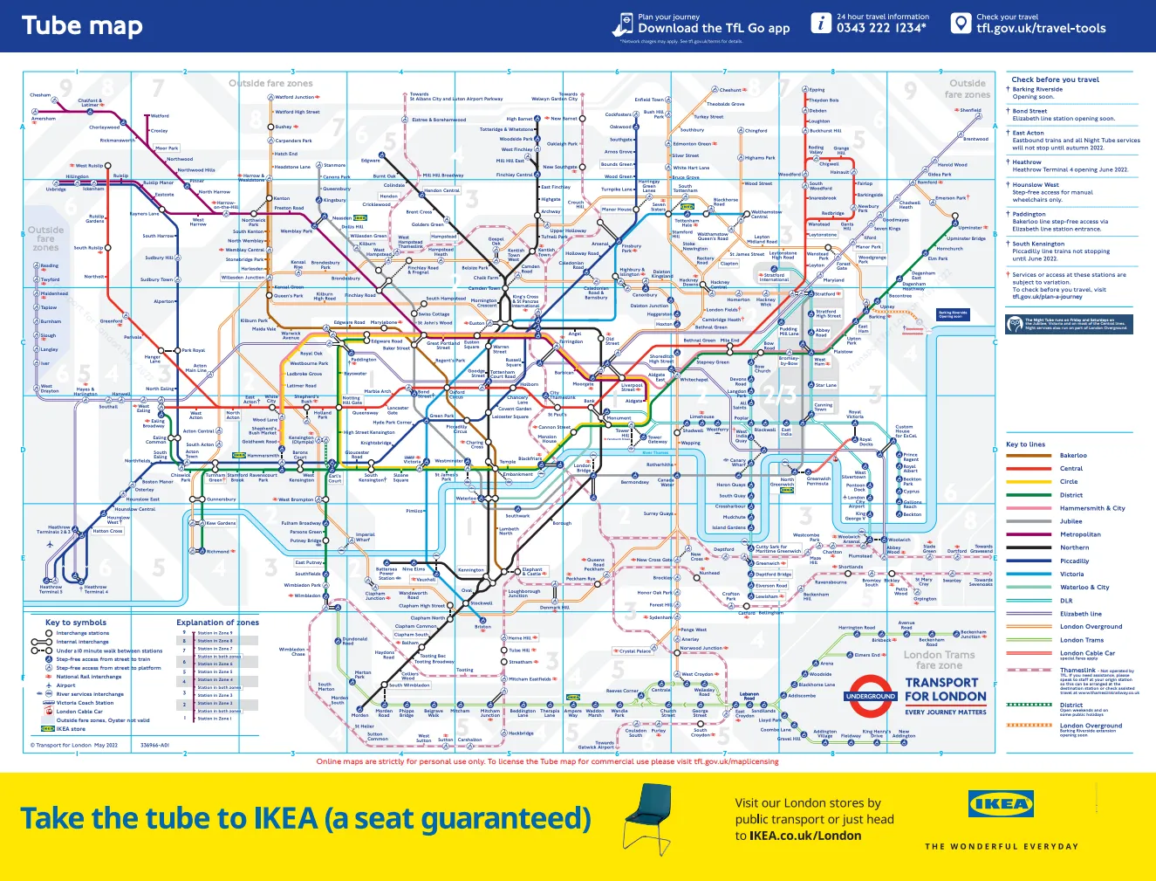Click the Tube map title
[x=82, y=26]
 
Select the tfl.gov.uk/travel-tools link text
[x=1041, y=29]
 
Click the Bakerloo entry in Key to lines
[x=1073, y=455]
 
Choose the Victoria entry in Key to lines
[x=1071, y=574]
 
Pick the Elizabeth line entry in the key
[x=1080, y=614]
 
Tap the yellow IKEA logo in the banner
[x=1001, y=803]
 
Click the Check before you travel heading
[x=1055, y=79]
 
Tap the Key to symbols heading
[x=76, y=623]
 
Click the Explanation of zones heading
[x=217, y=623]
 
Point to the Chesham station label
[x=40, y=95]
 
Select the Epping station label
[x=817, y=90]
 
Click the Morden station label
[x=359, y=715]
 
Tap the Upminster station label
[x=970, y=228]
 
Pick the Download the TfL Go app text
[x=714, y=29]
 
